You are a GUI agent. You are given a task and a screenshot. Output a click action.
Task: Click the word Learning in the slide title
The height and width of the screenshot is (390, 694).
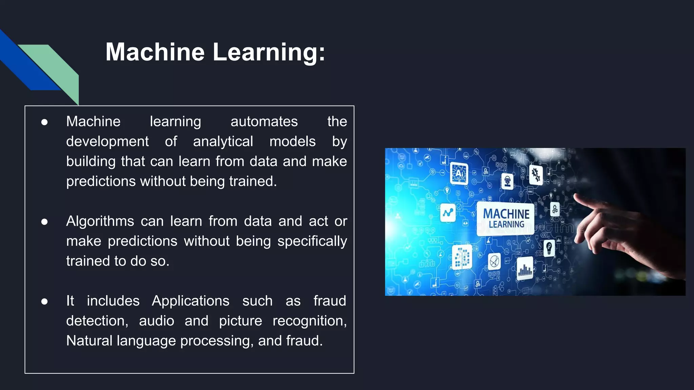point(269,52)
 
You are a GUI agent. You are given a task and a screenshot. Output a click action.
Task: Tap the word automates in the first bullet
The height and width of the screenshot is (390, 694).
point(264,122)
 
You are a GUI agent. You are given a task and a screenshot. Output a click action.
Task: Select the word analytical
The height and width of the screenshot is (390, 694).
point(223,142)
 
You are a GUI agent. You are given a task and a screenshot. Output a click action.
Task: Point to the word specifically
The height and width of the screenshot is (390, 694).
point(312,241)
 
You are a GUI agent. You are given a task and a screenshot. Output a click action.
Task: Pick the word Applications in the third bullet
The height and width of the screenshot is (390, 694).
point(190,301)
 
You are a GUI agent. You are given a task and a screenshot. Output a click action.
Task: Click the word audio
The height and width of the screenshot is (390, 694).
point(157,321)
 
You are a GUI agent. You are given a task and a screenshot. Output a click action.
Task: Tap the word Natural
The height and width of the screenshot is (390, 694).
point(89,341)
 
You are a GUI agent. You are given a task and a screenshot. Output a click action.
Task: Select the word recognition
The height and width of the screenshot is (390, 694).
point(309,321)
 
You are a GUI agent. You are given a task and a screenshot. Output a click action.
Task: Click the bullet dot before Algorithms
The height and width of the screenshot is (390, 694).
point(44,222)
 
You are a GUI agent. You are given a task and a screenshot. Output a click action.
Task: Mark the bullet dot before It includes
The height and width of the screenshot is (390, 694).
point(44,301)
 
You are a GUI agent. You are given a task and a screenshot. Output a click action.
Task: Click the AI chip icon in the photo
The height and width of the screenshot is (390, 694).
point(459,173)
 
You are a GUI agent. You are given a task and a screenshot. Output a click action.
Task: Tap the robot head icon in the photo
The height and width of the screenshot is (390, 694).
point(507,181)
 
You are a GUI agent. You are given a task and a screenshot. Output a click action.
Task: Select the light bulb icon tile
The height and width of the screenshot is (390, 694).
point(549,248)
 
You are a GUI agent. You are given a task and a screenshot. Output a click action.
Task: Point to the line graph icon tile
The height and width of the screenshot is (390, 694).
point(448,213)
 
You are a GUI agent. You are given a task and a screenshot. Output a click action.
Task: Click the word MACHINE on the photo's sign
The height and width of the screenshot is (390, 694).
point(506,214)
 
